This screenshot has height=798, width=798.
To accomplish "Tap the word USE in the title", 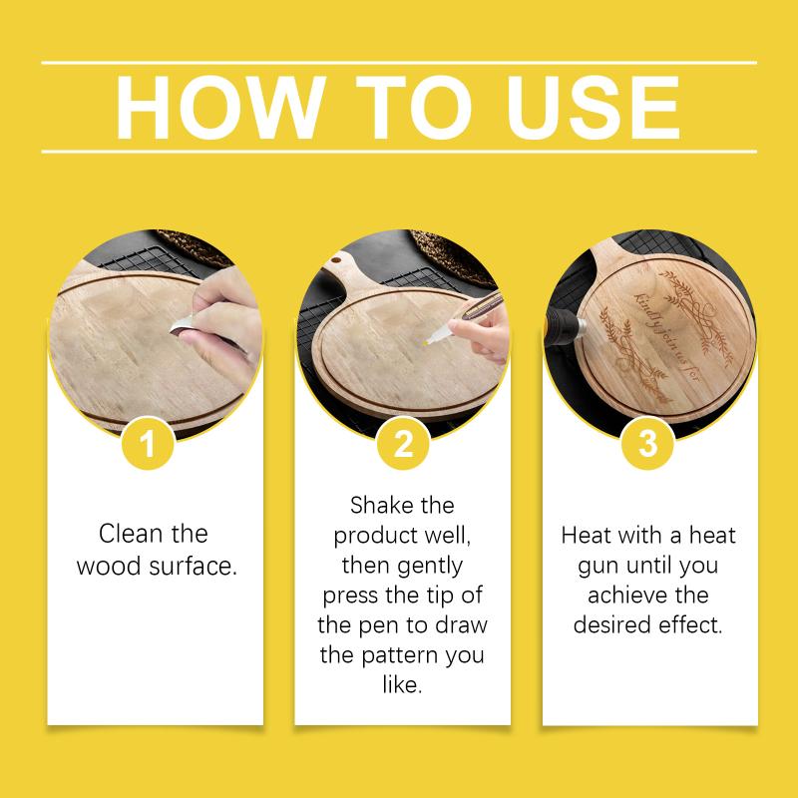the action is pos(594,108).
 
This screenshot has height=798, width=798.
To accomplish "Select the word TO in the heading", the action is pos(414,107).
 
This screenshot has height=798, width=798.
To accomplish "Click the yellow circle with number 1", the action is pos(148,443).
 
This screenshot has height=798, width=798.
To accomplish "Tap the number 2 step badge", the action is pos(403,443).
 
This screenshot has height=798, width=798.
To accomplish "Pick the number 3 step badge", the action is pos(647,443).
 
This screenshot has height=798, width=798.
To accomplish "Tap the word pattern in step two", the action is pos(401,655).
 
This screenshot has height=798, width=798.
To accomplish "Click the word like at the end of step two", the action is pos(402,685).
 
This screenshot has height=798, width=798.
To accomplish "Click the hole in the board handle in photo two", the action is pos(336,260).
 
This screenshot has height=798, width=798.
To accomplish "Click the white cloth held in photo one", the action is pos(182,325).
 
